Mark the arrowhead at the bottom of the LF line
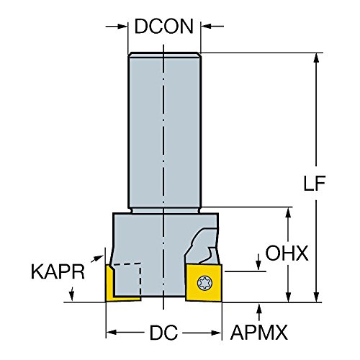tap(318, 297)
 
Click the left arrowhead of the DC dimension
tap(112, 334)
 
